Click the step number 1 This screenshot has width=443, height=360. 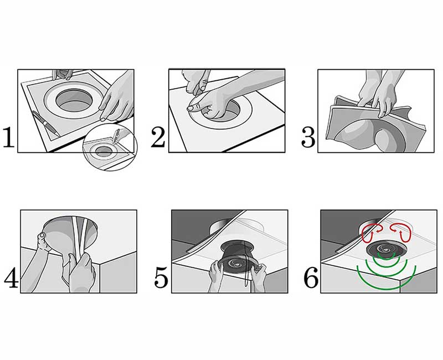click(8, 137)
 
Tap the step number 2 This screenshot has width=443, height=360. click(158, 137)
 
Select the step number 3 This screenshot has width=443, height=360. click(308, 137)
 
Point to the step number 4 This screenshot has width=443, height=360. click(11, 278)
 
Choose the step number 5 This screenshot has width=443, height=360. click(161, 278)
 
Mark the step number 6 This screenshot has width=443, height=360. click(311, 278)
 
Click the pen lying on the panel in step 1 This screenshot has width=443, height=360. click(45, 124)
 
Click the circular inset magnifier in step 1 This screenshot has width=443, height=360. click(110, 147)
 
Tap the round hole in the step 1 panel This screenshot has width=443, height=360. click(74, 100)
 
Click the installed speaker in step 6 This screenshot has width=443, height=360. click(387, 248)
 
